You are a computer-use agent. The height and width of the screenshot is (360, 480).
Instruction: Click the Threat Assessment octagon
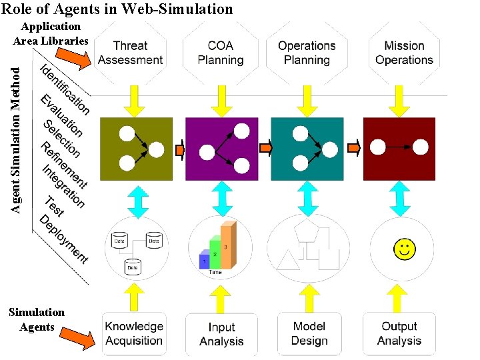click(x=130, y=53)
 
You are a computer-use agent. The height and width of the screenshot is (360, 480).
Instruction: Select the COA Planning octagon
click(x=221, y=53)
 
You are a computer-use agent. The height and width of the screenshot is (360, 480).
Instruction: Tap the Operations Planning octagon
click(x=307, y=53)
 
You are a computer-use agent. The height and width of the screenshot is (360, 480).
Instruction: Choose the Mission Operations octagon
click(x=404, y=53)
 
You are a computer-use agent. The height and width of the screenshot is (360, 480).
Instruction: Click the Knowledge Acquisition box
click(x=133, y=333)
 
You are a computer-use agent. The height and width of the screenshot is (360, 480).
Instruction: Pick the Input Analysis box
click(x=221, y=333)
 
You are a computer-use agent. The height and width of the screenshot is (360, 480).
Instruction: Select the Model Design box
click(x=309, y=333)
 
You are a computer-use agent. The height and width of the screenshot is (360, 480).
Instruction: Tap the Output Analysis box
click(x=400, y=333)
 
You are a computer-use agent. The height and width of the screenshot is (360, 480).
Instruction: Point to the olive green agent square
click(x=136, y=149)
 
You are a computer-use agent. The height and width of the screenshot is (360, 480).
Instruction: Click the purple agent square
click(x=222, y=149)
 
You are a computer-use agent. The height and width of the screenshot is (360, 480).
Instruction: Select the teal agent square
click(x=307, y=149)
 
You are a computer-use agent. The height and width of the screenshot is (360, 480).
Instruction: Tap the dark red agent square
click(x=399, y=149)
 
